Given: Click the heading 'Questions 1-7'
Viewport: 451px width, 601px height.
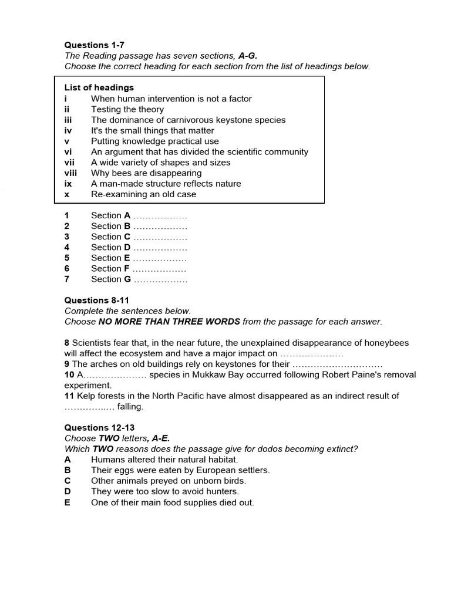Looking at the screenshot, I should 94,45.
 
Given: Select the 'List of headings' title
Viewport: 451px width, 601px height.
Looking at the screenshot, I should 99,87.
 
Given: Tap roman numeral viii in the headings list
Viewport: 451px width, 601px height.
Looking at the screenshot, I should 70,173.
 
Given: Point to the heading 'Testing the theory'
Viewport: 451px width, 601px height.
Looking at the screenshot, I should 127,109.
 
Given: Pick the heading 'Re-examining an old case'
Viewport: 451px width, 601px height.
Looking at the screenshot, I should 143,194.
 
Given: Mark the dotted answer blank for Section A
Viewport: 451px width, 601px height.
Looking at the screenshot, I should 160,216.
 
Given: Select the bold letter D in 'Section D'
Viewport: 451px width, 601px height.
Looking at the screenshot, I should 127,247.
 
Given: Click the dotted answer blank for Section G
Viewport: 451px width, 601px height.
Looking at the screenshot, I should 160,279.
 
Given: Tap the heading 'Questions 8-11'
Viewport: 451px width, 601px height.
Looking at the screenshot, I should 96,300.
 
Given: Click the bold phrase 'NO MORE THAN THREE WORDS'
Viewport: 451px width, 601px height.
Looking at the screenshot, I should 169,321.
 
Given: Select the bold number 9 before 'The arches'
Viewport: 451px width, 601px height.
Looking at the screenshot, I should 67,364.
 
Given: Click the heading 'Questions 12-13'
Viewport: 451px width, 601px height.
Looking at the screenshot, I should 99,428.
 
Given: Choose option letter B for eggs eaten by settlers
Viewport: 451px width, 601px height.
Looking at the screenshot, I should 68,470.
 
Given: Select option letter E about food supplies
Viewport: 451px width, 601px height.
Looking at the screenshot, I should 68,502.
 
